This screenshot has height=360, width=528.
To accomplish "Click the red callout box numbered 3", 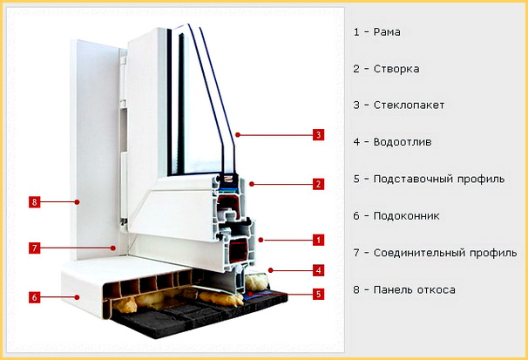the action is tap(318, 135).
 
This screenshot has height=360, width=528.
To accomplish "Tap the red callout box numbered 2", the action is tap(318, 184).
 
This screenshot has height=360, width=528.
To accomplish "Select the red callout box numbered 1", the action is tap(318, 240).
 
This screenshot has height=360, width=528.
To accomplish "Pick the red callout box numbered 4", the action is tap(318, 270).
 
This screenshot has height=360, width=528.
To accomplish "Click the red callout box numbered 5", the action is tap(318, 295).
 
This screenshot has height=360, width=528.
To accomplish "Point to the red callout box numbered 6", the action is tap(34, 297).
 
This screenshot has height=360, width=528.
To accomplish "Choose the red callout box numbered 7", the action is tap(34, 248).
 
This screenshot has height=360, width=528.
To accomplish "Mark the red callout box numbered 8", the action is tap(34, 202).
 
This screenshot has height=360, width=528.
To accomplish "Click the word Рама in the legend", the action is tap(387, 32).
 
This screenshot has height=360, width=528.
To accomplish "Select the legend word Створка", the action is tap(396, 69).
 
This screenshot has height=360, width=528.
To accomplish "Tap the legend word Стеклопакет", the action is tap(409, 105).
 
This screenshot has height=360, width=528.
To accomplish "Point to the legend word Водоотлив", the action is tap(403, 142).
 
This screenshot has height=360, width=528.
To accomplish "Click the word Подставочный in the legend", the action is tap(412, 179).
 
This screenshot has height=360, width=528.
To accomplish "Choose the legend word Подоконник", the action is tap(406, 216).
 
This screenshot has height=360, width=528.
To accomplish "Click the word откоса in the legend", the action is tap(436, 289).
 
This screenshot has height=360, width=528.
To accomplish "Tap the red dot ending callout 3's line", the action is tap(238, 135).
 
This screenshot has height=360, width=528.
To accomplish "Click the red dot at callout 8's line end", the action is tap(78, 202).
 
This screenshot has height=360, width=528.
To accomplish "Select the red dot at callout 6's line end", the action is tap(78, 297).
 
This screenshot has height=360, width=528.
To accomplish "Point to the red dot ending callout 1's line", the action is tap(261, 240).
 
